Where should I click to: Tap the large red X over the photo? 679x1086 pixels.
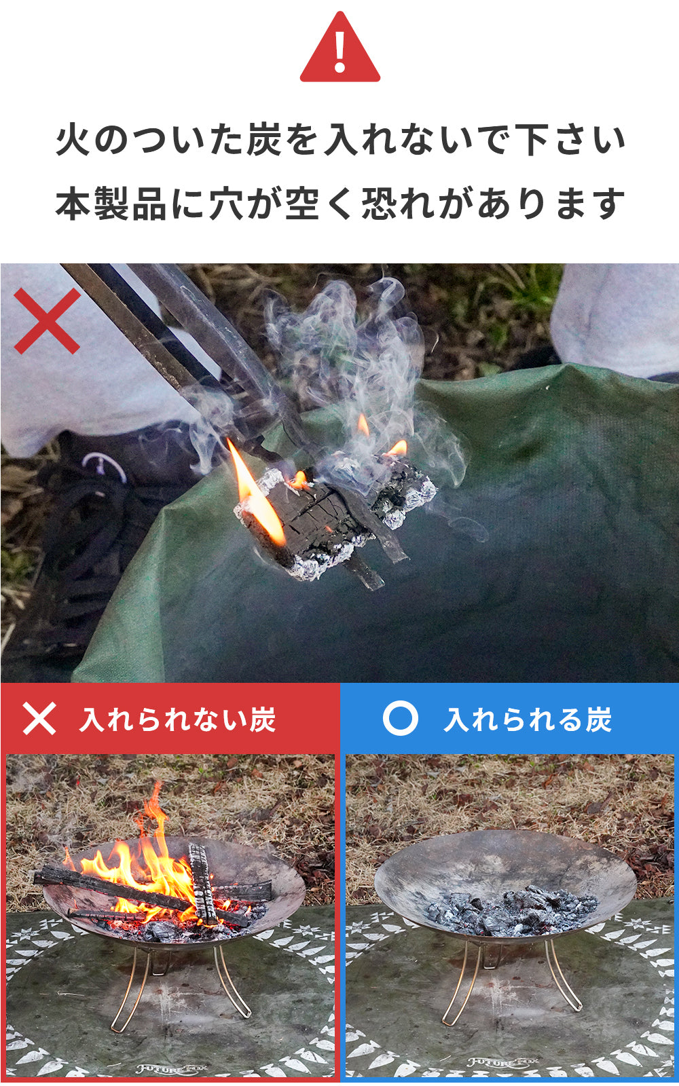tap(47, 321)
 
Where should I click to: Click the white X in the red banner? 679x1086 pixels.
tap(39, 719)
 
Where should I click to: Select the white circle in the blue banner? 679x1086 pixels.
tap(400, 718)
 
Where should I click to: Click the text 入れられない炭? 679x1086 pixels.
tap(178, 719)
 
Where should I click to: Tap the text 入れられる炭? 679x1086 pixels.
tap(528, 719)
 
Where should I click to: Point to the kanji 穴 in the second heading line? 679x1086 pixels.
tap(226, 204)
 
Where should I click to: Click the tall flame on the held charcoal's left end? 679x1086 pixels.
tap(255, 492)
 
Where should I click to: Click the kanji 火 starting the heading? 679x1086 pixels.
tap(73, 140)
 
